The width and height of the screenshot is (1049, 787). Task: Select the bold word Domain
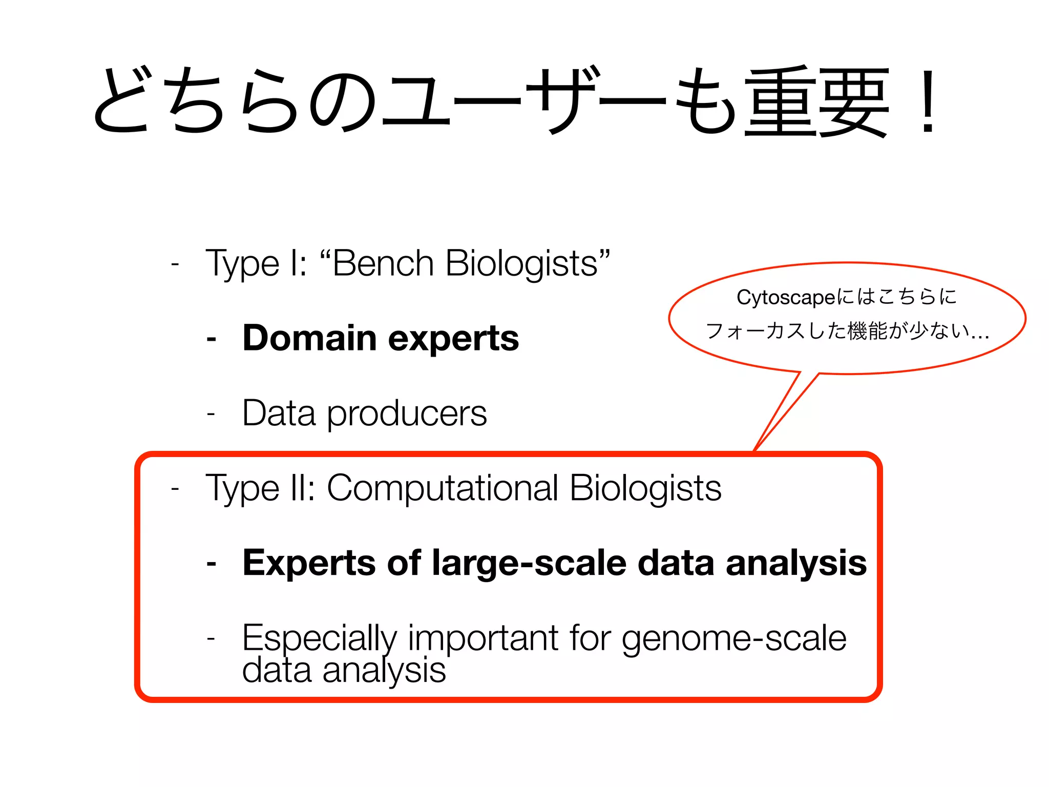pos(309,338)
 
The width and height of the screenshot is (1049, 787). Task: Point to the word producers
pos(407,414)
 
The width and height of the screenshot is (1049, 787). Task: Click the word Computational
pos(442,488)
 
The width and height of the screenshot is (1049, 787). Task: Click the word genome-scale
pos(733,638)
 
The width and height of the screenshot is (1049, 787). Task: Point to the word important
pos(482,638)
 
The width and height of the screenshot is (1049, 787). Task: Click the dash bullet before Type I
pos(175,264)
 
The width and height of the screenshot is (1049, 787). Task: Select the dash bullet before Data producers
pos(211,413)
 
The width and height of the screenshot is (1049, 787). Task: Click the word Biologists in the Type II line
pos(645,488)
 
